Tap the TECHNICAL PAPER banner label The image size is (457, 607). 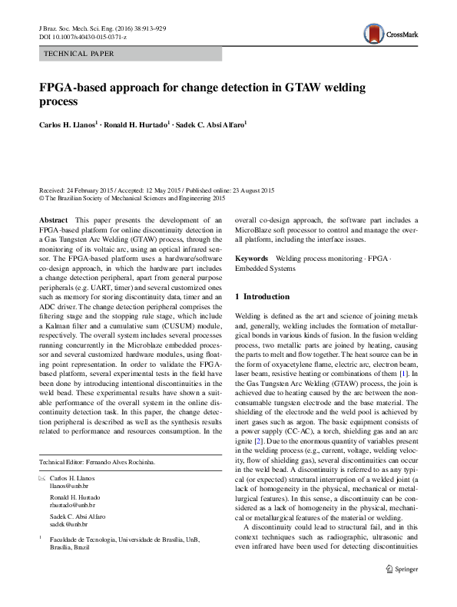click(x=80, y=54)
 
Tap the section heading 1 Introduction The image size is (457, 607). click(x=262, y=296)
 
